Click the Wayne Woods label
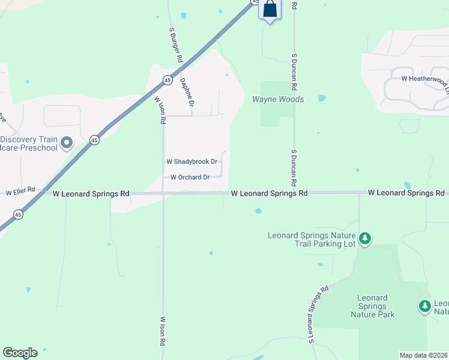click(x=278, y=99)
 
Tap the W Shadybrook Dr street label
click(x=191, y=162)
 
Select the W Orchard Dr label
click(x=190, y=177)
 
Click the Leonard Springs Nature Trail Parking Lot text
click(x=312, y=239)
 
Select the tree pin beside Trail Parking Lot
click(x=365, y=239)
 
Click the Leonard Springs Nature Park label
click(x=372, y=306)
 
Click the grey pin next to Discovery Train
click(x=67, y=143)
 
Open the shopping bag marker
click(x=270, y=10)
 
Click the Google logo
click(x=20, y=353)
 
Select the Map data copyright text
click(x=424, y=355)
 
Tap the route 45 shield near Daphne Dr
click(x=167, y=80)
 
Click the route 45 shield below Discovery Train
click(x=94, y=140)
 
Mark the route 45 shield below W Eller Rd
click(x=18, y=214)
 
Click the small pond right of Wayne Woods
click(x=322, y=98)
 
